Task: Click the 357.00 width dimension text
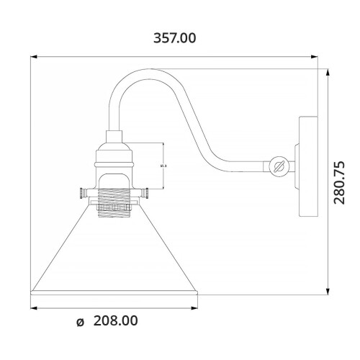tap(174, 37)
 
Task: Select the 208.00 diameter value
tap(115, 321)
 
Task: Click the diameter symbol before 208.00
tap(81, 322)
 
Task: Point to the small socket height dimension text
tap(163, 167)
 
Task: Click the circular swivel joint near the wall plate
tap(281, 167)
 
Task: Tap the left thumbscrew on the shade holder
tap(81, 193)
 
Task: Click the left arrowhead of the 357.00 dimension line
tap(34, 56)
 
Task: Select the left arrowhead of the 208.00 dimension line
tap(34, 307)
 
